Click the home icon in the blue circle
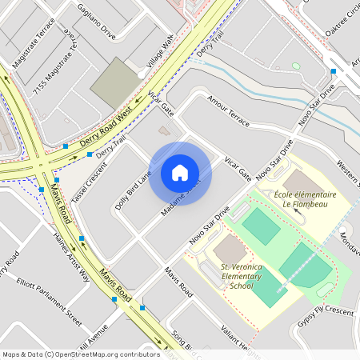[x=180, y=173]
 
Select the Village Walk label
[x=160, y=52]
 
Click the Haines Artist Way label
[x=71, y=254]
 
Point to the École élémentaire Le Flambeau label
[x=305, y=199]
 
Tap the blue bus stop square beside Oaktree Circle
[x=333, y=71]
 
